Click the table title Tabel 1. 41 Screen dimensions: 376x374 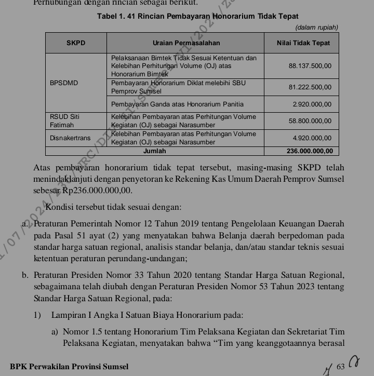coord(197,17)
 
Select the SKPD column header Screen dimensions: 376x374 coord(76,43)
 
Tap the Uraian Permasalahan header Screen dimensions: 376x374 coord(186,43)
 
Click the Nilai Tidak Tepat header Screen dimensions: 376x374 coord(303,43)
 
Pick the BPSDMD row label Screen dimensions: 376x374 coord(64,83)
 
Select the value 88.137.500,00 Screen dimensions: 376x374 coord(310,66)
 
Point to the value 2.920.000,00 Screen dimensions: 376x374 coord(312,105)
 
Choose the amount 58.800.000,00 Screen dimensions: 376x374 coord(310,121)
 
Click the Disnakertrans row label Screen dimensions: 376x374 coord(70,138)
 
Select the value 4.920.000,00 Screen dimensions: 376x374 coord(312,138)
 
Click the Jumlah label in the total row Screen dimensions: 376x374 coord(154,151)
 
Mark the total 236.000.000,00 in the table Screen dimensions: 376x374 coord(309,151)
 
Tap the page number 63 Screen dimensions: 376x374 coord(341,367)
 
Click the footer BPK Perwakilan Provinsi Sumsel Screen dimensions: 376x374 coord(69,367)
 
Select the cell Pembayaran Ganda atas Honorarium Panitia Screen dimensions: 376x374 coord(177,105)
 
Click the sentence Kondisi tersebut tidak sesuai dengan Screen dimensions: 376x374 coord(113,207)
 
